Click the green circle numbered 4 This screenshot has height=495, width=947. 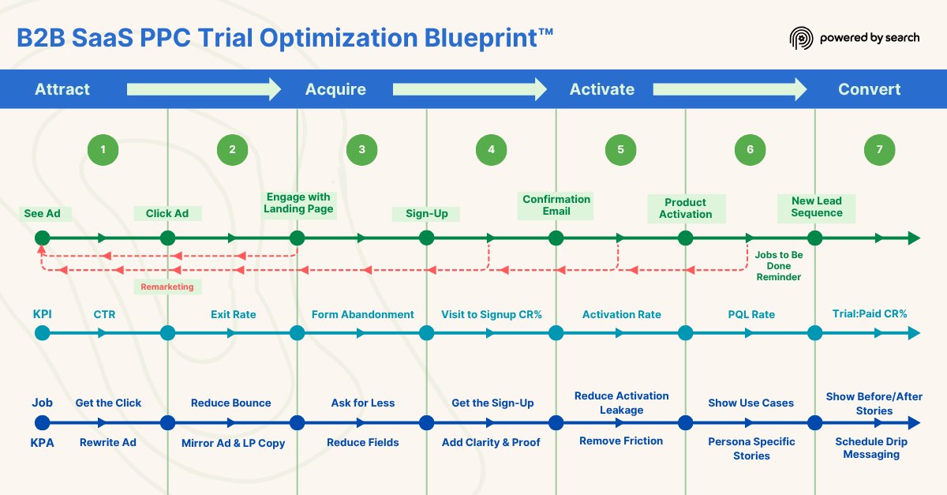(x=491, y=149)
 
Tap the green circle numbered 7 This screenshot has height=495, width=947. (x=879, y=149)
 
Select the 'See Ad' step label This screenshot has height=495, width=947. (x=43, y=213)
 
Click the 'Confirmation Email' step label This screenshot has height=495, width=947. (x=556, y=205)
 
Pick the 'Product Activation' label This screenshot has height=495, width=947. (x=685, y=208)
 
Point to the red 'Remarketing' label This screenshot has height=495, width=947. (x=167, y=287)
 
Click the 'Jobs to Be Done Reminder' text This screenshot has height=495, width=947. (x=778, y=266)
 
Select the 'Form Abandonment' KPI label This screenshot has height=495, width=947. (x=362, y=314)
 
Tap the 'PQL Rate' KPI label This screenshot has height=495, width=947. (x=751, y=314)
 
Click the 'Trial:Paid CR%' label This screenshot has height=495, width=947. (x=870, y=313)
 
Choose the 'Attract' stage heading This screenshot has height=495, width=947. (x=62, y=89)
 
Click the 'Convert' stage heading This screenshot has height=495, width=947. (x=869, y=89)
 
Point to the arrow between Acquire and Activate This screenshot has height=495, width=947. (x=470, y=89)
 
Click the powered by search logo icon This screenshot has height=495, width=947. (x=801, y=38)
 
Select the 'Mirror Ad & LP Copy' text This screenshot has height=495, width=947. (x=233, y=443)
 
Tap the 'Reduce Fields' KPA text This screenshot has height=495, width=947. (x=363, y=442)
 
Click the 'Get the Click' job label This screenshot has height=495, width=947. (x=108, y=403)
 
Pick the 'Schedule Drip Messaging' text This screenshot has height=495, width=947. (x=871, y=448)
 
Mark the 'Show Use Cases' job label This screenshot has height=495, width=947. (x=750, y=403)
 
